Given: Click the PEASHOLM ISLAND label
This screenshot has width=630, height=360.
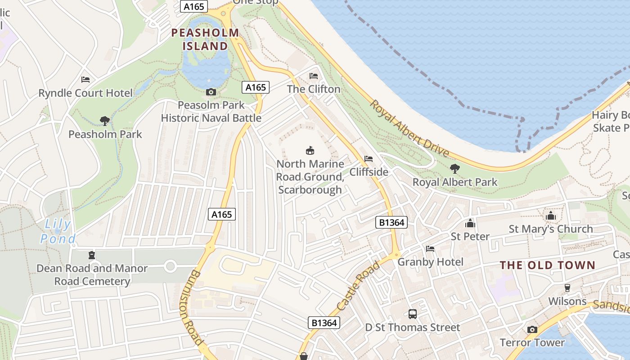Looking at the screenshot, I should (205, 39).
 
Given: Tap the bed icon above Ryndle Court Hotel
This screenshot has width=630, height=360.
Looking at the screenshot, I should (85, 80).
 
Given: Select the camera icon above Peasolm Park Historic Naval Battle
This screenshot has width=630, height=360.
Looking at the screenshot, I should (211, 92).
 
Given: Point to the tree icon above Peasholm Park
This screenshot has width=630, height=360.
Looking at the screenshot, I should (105, 121).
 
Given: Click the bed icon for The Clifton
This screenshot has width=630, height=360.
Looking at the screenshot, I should (314, 76).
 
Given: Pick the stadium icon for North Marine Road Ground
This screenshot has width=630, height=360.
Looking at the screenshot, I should (310, 150).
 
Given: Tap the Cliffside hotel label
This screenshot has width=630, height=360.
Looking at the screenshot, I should (369, 171).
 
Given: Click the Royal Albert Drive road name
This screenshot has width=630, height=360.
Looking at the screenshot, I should (409, 129).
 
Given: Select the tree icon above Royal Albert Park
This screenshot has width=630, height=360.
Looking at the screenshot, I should (455, 169).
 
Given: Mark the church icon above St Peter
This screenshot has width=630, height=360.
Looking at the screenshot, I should (470, 223).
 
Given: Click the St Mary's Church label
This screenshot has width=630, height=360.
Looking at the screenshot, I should (550, 229).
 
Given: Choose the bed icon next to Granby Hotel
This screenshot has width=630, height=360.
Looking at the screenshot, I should (430, 249).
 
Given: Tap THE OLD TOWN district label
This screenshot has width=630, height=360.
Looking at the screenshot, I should (548, 265).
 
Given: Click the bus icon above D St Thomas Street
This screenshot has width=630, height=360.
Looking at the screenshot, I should (412, 314).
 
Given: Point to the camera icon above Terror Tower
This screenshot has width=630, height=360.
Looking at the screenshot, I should (532, 329).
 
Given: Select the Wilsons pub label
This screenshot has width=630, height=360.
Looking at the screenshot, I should (567, 301).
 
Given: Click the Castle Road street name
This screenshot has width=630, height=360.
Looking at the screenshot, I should (358, 286).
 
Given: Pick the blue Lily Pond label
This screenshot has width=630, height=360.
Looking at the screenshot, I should (57, 231).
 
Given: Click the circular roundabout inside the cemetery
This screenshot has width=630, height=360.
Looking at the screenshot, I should (170, 266).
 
